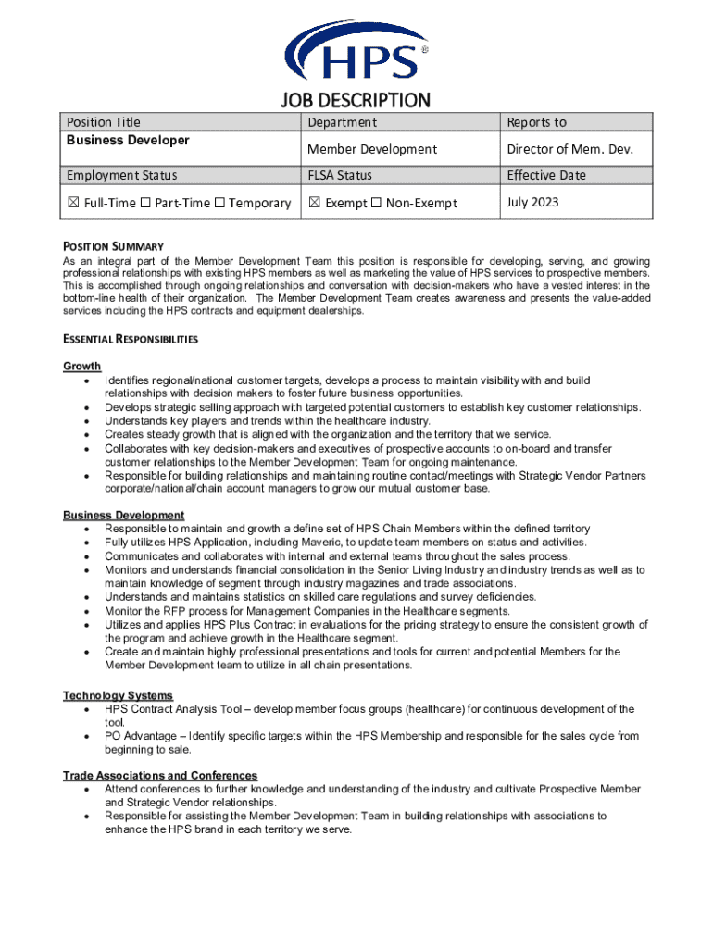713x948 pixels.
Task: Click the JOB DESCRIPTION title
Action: [356, 100]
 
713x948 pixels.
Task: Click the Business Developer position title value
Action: [128, 141]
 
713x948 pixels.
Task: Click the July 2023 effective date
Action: [532, 202]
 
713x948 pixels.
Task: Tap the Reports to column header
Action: [536, 122]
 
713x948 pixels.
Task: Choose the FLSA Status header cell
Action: [340, 175]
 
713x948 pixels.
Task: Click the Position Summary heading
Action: [113, 246]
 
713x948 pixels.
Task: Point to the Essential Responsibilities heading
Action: [130, 339]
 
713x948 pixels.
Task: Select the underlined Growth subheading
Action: [81, 367]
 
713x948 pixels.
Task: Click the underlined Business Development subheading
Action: [123, 515]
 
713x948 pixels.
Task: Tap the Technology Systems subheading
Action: [118, 695]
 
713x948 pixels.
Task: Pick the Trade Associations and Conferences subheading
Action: [160, 775]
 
